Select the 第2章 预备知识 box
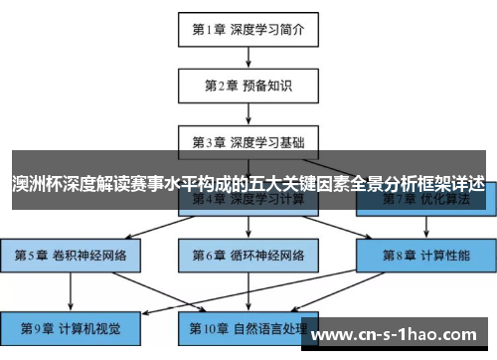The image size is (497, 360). coord(248,85)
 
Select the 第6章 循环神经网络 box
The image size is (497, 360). coord(248,255)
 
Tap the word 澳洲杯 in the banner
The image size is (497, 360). coord(33,184)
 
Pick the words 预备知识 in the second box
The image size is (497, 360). coord(266,85)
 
